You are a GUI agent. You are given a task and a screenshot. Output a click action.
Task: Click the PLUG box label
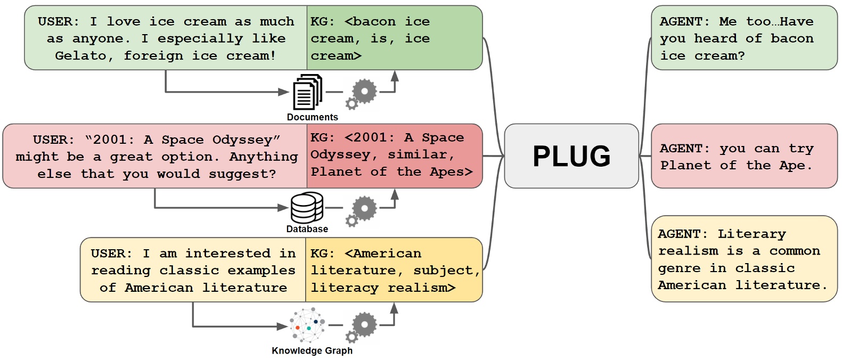(571, 156)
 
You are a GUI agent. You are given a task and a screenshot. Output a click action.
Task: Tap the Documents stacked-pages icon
(308, 93)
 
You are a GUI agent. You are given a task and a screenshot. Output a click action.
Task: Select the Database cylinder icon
(307, 208)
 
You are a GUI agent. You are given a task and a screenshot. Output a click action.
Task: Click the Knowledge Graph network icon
(307, 325)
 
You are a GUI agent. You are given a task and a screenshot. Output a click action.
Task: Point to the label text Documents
(312, 117)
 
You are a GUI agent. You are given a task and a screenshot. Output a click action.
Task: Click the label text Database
(307, 229)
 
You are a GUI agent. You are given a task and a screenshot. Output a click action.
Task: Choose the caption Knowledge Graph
(312, 350)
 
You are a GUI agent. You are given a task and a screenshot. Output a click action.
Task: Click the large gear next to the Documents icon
(364, 92)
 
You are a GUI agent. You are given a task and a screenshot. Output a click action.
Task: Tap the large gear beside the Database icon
(364, 208)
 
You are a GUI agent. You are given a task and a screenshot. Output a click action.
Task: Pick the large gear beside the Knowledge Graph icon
(364, 325)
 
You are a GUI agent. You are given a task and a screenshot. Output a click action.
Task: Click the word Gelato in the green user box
(81, 56)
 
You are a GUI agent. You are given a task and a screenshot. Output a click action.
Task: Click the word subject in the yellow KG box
(443, 271)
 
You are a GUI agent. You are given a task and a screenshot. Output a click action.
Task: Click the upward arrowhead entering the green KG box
(395, 75)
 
